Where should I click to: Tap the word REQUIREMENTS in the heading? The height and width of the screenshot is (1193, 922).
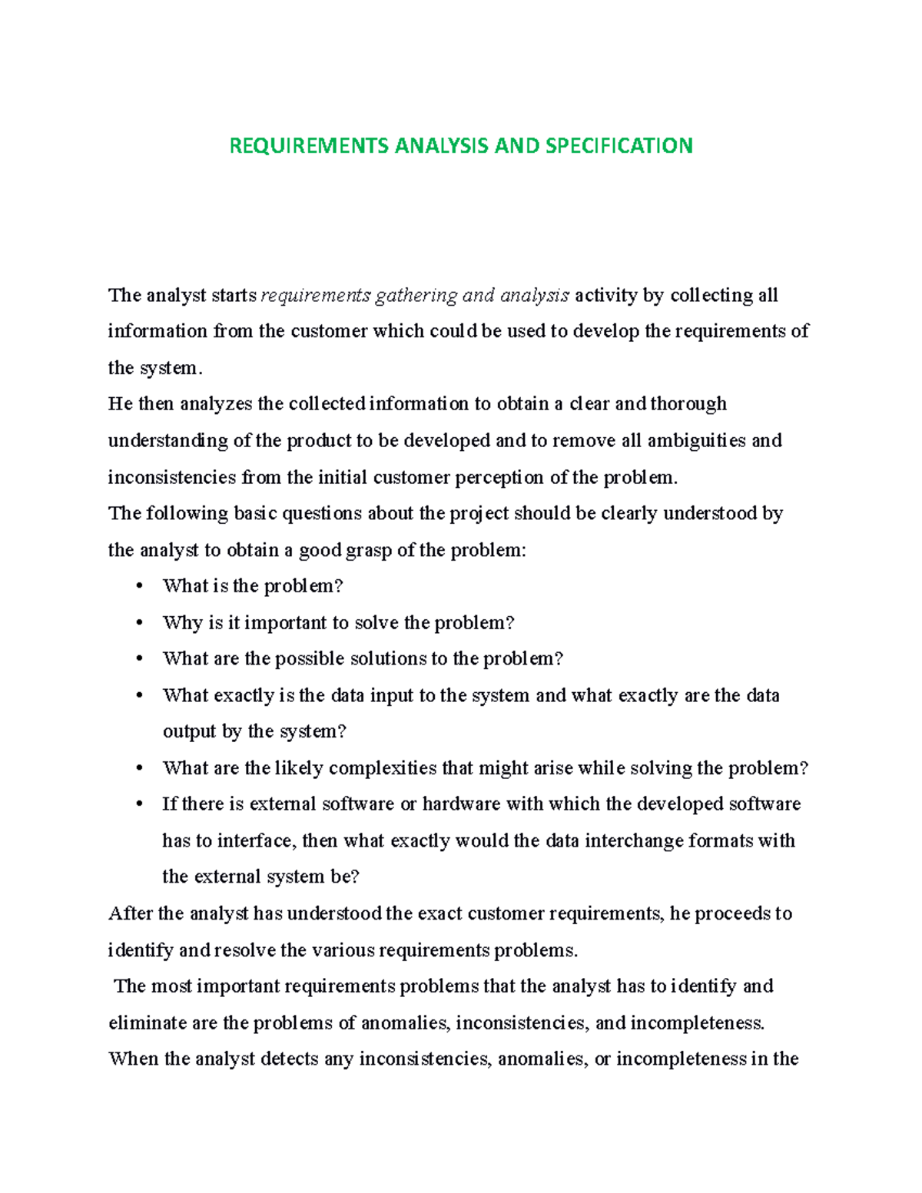(x=309, y=146)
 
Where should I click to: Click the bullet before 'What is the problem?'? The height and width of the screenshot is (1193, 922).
(x=139, y=587)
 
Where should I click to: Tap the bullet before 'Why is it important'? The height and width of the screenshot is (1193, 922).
(x=139, y=623)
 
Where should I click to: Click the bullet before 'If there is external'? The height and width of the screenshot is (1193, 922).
(x=139, y=804)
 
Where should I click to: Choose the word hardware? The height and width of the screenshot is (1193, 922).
(x=460, y=804)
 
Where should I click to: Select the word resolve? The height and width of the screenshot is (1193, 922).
(x=244, y=951)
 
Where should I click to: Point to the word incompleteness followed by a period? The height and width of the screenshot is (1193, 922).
(x=697, y=1023)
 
